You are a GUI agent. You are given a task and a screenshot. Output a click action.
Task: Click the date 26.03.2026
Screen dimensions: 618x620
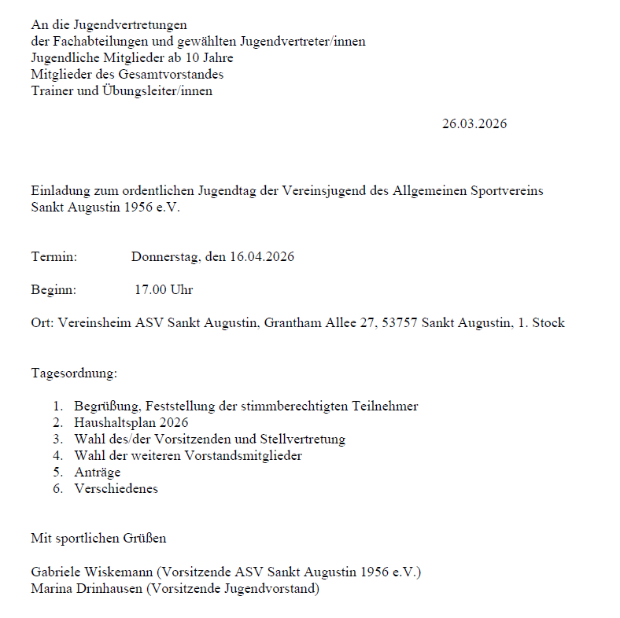474,124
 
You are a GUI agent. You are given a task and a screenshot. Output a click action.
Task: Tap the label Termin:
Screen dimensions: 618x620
54,257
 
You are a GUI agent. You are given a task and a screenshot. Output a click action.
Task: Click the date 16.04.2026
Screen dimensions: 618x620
262,257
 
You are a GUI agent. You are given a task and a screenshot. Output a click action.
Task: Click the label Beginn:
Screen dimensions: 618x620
54,290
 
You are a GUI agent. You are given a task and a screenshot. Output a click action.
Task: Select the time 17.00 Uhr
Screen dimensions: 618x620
163,290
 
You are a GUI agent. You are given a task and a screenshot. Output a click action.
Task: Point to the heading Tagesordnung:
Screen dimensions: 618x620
74,373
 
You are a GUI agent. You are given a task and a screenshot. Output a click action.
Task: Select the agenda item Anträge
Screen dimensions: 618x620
97,472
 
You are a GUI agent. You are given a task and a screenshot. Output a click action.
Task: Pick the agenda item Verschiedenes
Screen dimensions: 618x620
116,488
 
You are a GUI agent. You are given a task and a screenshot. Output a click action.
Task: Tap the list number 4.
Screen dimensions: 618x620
57,455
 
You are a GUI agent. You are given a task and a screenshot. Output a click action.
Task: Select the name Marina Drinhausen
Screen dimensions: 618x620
87,589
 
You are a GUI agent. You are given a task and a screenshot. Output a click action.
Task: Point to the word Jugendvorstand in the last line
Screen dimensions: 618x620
272,589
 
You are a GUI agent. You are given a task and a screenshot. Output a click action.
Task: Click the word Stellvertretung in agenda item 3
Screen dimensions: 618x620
305,439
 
